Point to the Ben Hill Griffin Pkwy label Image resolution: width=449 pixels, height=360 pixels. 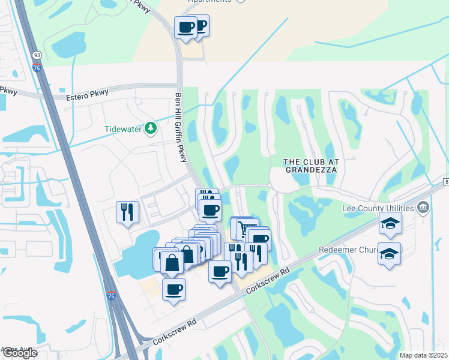pos(178,125)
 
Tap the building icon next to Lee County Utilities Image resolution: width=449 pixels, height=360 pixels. pos(424,208)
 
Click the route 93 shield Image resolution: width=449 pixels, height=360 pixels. pos(37,56)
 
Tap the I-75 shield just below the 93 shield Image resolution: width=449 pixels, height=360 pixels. pos(37,68)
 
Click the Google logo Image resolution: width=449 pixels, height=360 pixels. pos(20,353)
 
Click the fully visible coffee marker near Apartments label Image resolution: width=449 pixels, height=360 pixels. pos(185,27)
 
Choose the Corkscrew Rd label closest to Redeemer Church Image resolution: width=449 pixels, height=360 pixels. pos(268,279)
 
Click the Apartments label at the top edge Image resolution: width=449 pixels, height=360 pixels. pos(210,2)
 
